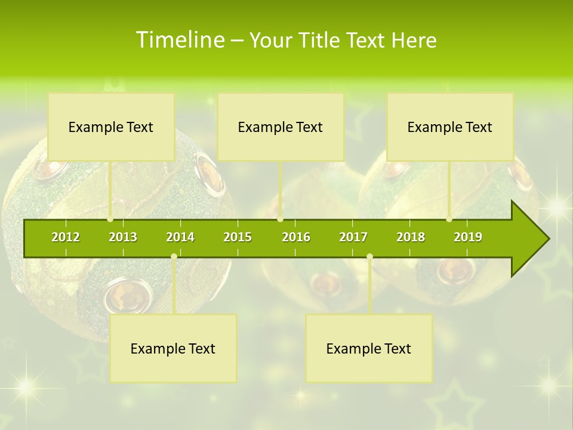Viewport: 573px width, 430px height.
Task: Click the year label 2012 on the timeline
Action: click(x=66, y=237)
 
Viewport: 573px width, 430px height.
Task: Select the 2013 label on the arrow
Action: click(x=123, y=237)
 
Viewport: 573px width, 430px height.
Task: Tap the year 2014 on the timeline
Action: click(x=180, y=237)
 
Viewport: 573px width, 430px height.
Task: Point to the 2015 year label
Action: click(x=238, y=237)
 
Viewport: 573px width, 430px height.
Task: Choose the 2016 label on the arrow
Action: click(x=296, y=237)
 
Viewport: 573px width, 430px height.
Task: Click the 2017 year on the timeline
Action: click(x=353, y=237)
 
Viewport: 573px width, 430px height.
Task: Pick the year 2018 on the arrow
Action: click(x=411, y=237)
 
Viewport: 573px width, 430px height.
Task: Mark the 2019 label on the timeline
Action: click(x=468, y=237)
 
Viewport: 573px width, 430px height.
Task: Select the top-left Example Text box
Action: click(x=111, y=127)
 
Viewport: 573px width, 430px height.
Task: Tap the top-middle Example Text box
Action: click(x=281, y=127)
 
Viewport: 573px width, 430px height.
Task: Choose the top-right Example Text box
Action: click(x=450, y=127)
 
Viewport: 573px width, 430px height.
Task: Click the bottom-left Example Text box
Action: click(x=173, y=349)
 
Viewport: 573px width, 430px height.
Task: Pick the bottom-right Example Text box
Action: click(x=369, y=349)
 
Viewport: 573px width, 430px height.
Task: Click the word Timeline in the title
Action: click(x=180, y=40)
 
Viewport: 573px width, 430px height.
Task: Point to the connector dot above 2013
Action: click(x=110, y=219)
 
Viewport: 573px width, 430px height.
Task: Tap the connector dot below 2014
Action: click(x=174, y=257)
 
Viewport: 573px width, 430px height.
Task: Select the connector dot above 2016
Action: click(x=280, y=219)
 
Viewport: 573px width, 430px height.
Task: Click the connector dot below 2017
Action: click(x=369, y=257)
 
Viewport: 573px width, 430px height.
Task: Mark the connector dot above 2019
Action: click(x=449, y=219)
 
